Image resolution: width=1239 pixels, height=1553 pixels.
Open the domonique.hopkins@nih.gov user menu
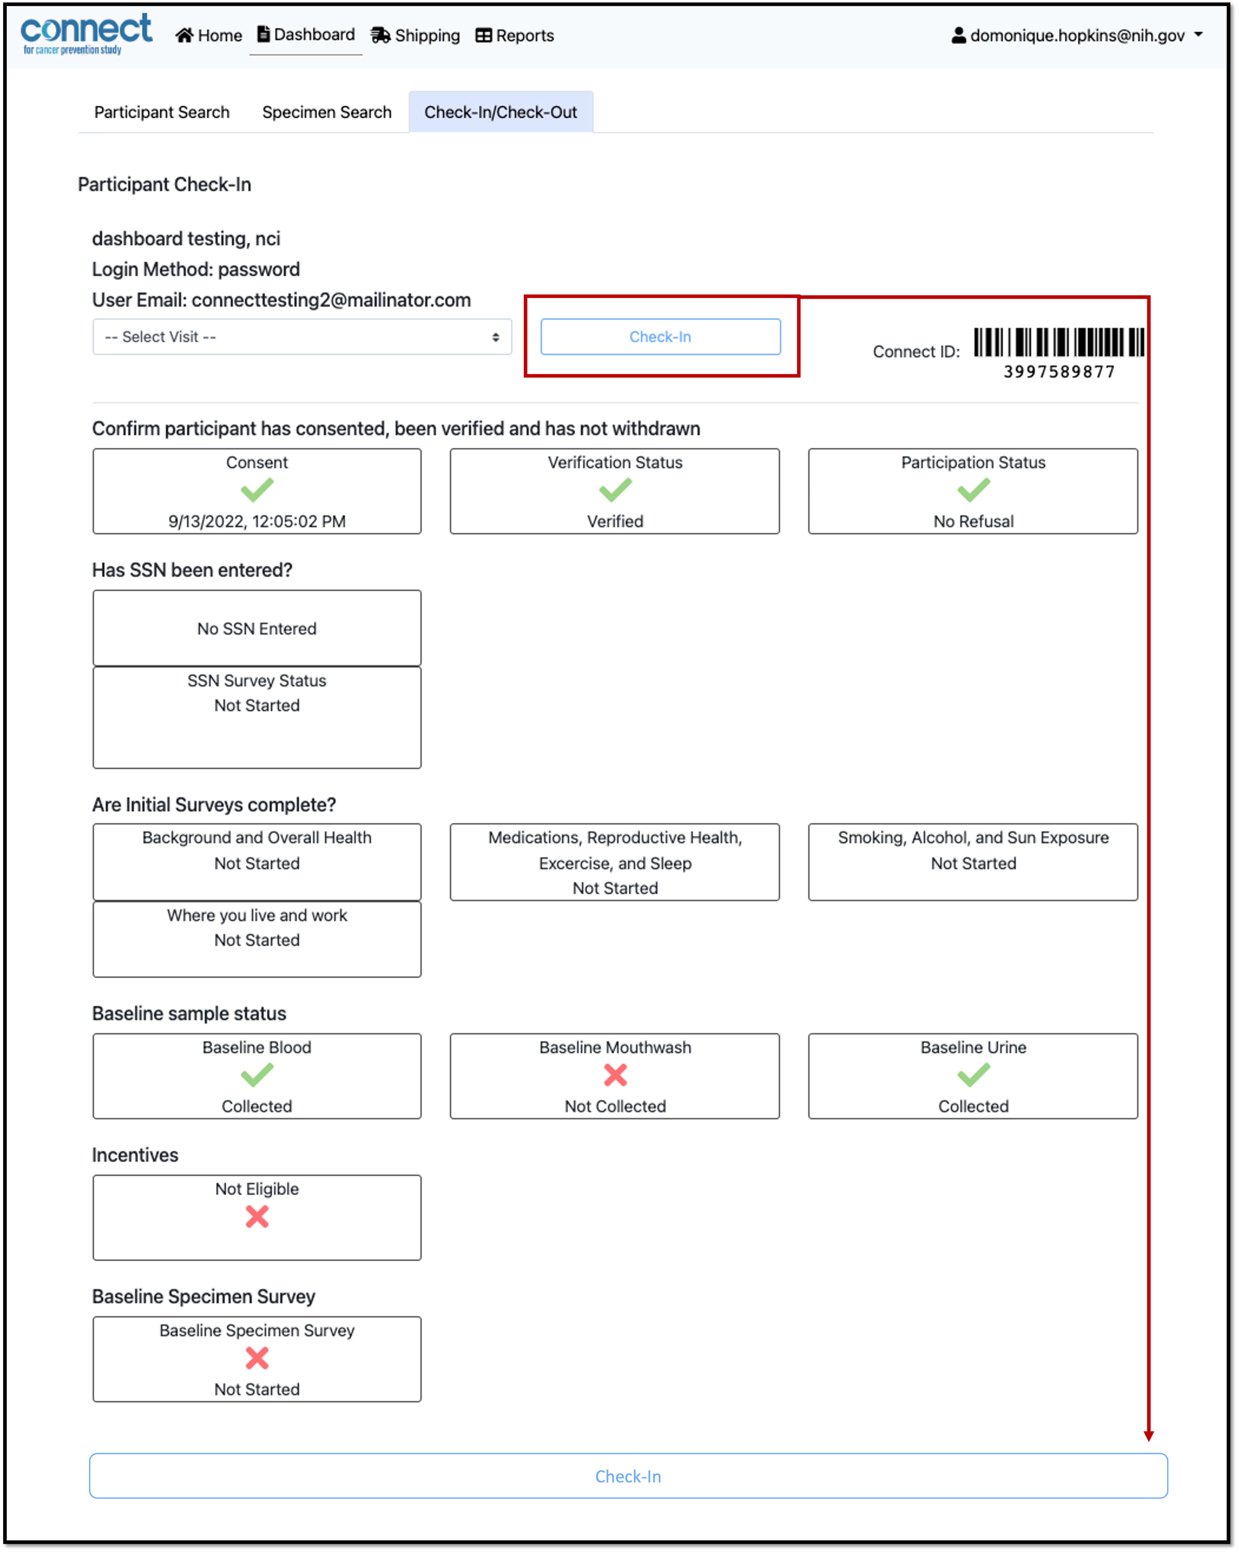click(1077, 35)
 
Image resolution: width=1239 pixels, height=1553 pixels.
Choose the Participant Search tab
click(162, 112)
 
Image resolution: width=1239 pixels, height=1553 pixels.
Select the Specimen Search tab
click(327, 112)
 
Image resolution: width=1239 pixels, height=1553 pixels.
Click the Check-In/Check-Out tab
click(500, 112)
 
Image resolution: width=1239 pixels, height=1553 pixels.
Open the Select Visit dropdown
click(302, 337)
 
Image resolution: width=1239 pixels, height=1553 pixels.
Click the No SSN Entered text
click(257, 629)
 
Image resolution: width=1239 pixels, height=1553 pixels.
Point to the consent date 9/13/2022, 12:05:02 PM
click(257, 522)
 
